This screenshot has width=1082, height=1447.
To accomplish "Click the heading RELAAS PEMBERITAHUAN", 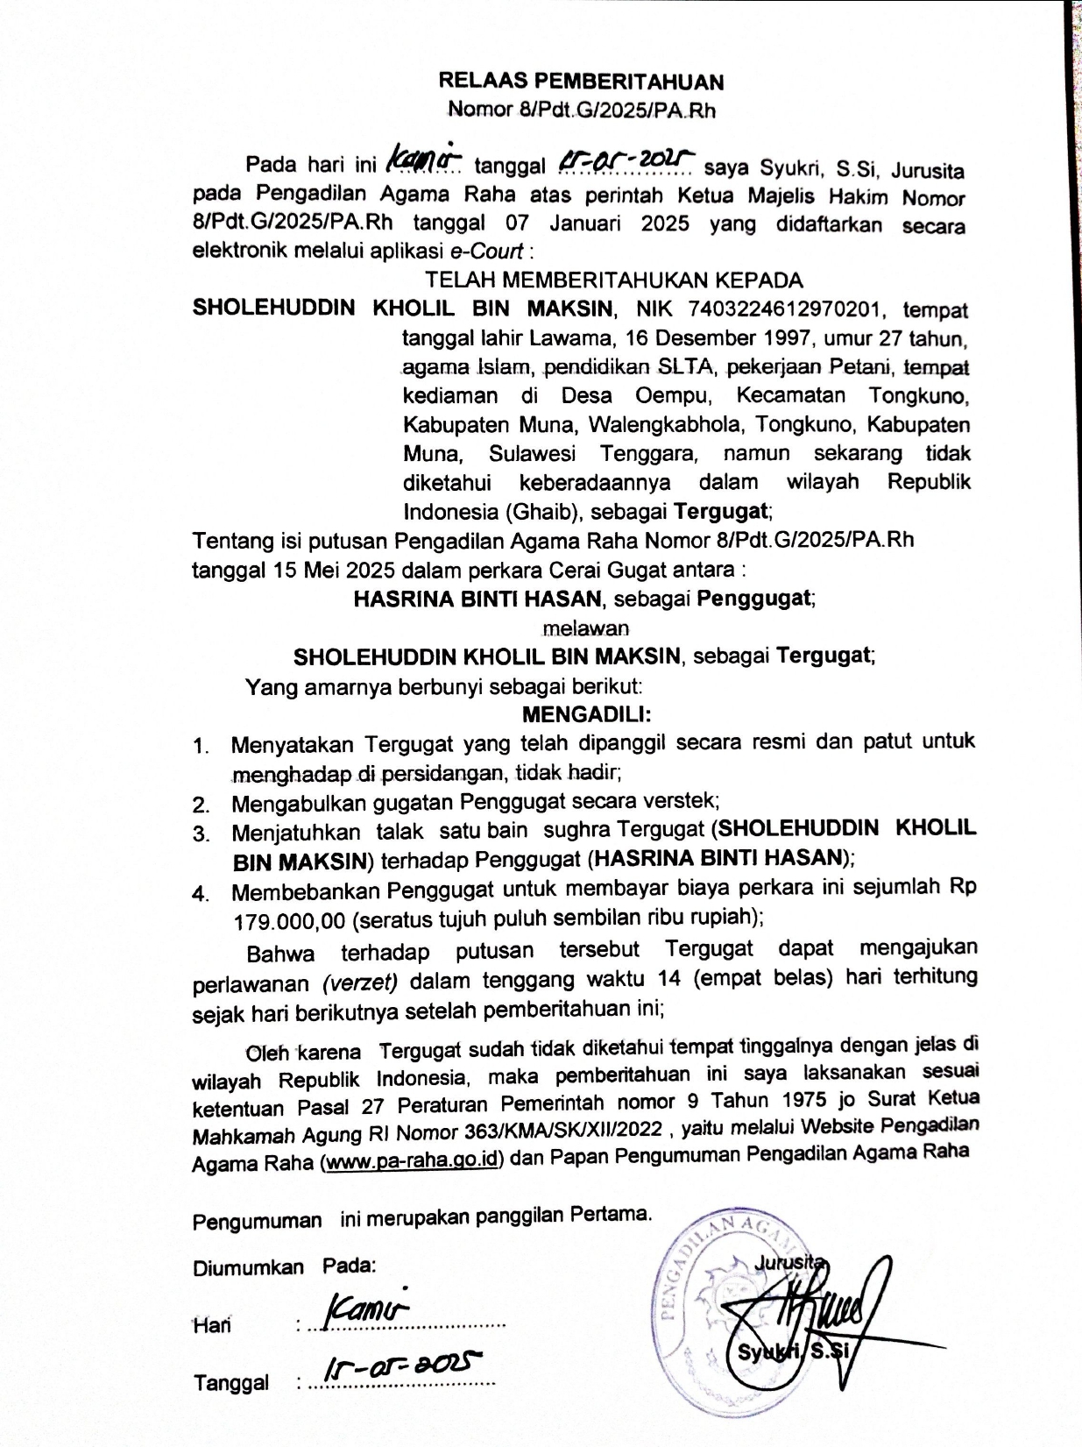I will (581, 82).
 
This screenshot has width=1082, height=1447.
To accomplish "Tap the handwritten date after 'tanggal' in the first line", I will (626, 160).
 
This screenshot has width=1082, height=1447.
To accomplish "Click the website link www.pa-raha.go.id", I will (412, 1160).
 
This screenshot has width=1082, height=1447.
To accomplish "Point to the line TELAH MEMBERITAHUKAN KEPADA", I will (613, 280).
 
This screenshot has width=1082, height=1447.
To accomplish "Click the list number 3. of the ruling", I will (202, 833).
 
